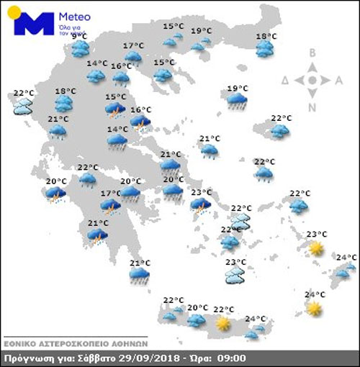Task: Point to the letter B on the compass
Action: pyautogui.click(x=312, y=53)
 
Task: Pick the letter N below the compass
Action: pyautogui.click(x=312, y=108)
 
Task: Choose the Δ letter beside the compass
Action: pyautogui.click(x=286, y=81)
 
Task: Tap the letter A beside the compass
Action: pyautogui.click(x=339, y=81)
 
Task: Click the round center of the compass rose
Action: pyautogui.click(x=312, y=81)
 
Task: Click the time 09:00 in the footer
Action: pyautogui.click(x=232, y=358)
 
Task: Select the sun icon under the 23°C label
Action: pyautogui.click(x=315, y=248)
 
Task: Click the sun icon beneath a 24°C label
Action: pyautogui.click(x=313, y=308)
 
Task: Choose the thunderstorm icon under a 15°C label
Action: pyautogui.click(x=115, y=109)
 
